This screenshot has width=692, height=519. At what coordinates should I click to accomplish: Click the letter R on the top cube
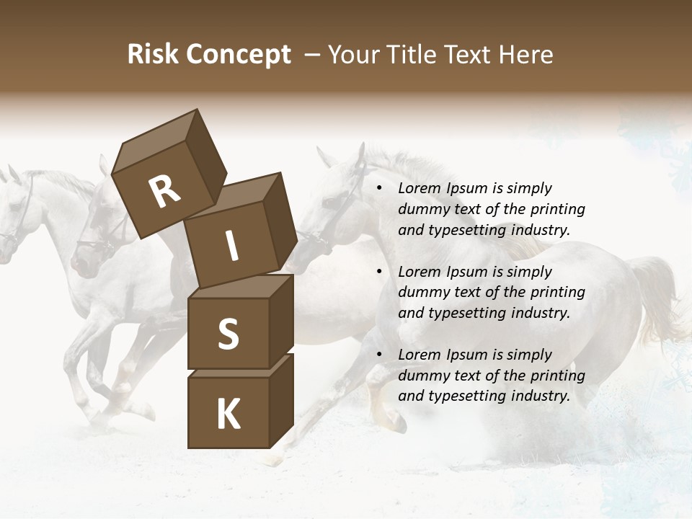[165, 192]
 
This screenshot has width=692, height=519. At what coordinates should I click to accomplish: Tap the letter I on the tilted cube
[231, 247]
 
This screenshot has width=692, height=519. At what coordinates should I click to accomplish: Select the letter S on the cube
[228, 334]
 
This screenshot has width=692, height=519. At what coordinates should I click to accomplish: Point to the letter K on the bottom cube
[228, 414]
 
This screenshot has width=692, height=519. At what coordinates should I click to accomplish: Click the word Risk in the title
[153, 54]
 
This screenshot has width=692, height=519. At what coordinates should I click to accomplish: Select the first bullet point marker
[379, 189]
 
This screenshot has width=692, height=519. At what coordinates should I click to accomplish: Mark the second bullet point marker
[379, 272]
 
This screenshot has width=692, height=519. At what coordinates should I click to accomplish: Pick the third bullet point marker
[379, 355]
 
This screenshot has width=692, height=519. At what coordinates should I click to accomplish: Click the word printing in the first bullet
[558, 210]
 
